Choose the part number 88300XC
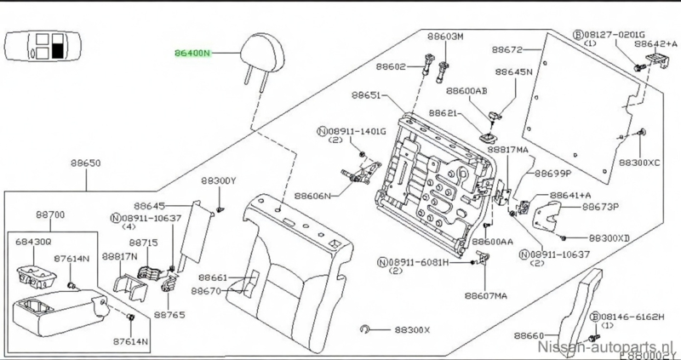(x=639, y=161)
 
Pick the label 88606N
(x=312, y=195)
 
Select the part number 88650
(x=86, y=163)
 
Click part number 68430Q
(x=34, y=242)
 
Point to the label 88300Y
(x=219, y=180)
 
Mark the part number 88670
(x=208, y=290)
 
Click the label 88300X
(x=412, y=329)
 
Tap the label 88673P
(x=599, y=206)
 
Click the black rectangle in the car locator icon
(x=59, y=47)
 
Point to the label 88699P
(x=553, y=174)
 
